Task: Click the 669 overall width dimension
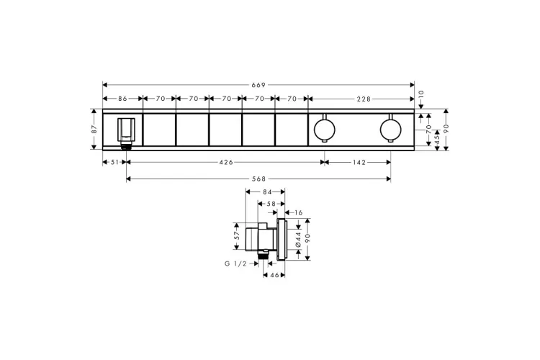click(x=258, y=85)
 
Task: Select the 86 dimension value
click(x=122, y=99)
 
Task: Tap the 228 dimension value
click(x=364, y=99)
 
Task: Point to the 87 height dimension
click(x=94, y=129)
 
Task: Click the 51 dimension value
click(x=114, y=162)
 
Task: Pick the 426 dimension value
click(x=226, y=162)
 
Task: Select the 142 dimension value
click(x=359, y=162)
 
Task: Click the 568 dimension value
click(x=258, y=179)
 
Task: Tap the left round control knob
click(x=325, y=130)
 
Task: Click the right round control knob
click(x=390, y=130)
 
